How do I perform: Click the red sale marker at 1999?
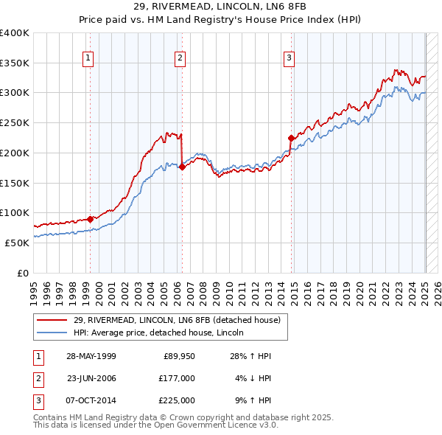point(91,218)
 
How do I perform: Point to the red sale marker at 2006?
point(182,167)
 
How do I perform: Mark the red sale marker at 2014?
point(291,138)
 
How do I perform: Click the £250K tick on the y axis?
point(15,122)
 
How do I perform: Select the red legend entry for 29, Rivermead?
point(177,320)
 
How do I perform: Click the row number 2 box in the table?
point(36,378)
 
